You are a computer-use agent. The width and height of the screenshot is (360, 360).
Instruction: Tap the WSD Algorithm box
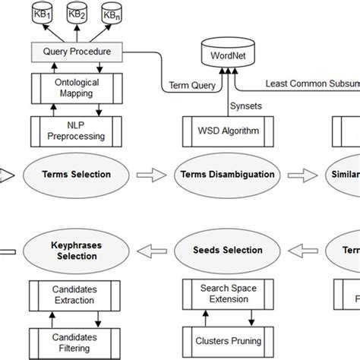coord(226,130)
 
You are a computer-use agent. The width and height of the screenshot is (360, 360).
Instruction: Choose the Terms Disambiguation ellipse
coord(226,175)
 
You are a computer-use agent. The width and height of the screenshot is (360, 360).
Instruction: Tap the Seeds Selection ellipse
coord(226,251)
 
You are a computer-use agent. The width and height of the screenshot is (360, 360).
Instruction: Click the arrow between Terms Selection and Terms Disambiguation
coord(152,175)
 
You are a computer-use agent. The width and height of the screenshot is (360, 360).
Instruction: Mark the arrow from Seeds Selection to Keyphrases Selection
coord(152,251)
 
